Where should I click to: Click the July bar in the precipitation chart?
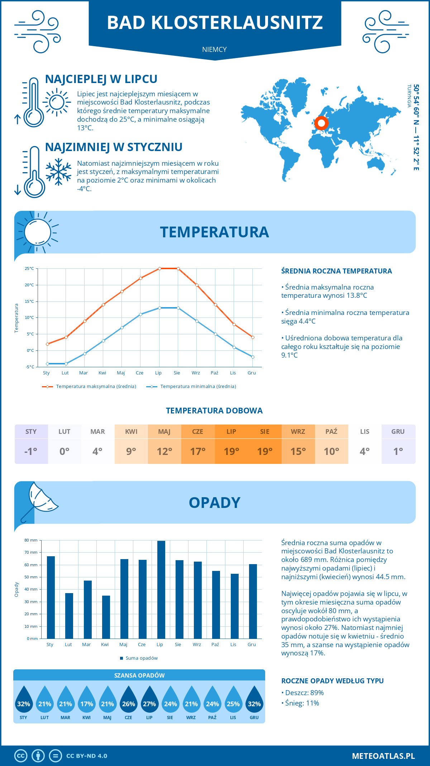pos(161,590)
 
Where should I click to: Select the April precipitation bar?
pos(106,617)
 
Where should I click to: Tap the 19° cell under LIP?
pos(231,451)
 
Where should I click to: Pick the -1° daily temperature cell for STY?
pos(31,451)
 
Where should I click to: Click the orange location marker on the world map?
pos(321,123)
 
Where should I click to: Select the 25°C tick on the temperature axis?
pos(29,268)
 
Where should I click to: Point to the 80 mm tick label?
pos(31,540)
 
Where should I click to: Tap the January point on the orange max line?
pos(47,344)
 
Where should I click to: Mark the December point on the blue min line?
pos(253,357)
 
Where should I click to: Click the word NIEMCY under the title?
pos(214,49)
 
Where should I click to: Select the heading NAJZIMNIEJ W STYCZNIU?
pos(114,147)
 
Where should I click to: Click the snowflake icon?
pos(58,172)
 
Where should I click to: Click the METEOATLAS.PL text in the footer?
pos(383,756)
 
